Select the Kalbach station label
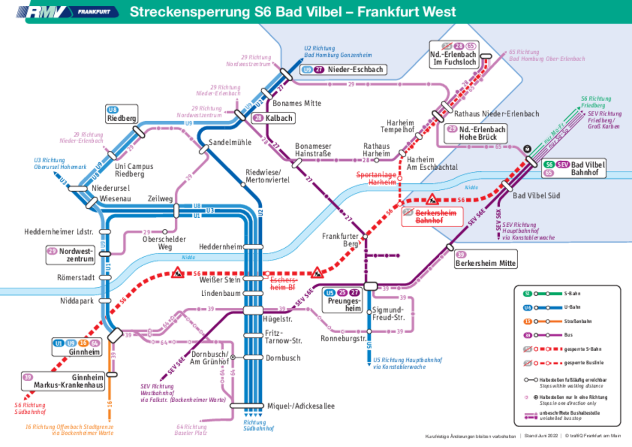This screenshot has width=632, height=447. [280, 118]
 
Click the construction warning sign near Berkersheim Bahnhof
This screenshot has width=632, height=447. [432, 199]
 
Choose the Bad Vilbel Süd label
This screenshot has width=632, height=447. [537, 196]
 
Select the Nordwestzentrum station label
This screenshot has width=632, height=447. [75, 255]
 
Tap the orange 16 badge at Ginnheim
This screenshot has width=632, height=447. [83, 344]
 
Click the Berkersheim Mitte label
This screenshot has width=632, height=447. [486, 263]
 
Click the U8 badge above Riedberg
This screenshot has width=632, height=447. [112, 110]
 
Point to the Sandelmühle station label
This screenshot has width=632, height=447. [230, 142]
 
